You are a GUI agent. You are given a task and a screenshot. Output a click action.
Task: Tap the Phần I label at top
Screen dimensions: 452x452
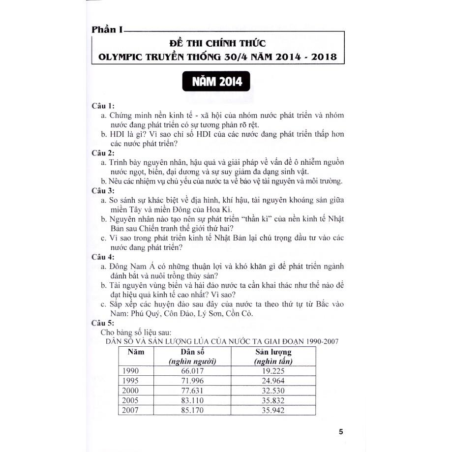107,30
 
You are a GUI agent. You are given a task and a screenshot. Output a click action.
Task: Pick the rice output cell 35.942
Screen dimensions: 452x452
273,409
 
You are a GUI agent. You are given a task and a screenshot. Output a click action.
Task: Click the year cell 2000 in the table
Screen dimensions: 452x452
131,390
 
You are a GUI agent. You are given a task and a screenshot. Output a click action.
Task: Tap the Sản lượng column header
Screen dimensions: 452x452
273,352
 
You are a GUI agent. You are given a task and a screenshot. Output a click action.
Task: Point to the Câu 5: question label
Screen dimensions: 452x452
103,323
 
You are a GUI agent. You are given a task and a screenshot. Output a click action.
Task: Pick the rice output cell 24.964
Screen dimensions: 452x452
273,380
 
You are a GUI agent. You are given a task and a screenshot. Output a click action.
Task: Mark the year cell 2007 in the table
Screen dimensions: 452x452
131,409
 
